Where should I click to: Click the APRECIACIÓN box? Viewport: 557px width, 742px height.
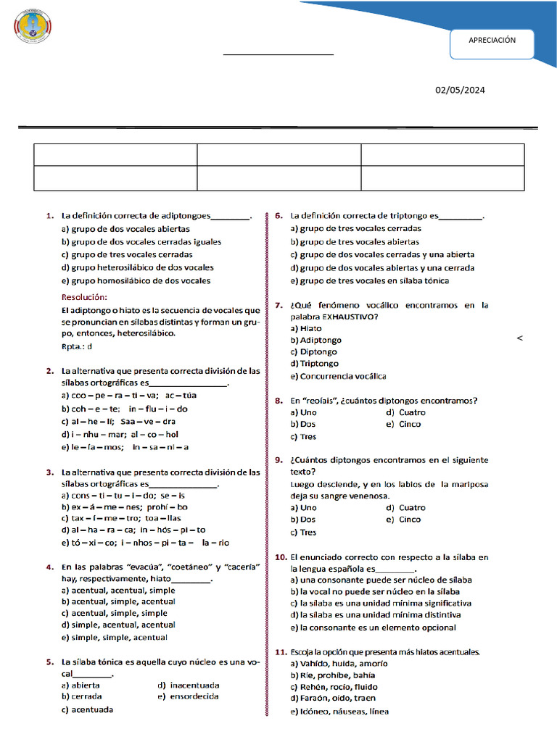coord(492,41)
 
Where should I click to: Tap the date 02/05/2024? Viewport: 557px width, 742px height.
coord(460,91)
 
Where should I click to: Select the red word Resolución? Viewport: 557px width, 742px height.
coord(84,297)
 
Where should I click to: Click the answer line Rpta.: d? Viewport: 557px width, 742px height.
coord(77,347)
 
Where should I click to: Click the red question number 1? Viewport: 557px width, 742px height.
coord(49,215)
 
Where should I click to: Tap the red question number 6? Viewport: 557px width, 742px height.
coord(278,215)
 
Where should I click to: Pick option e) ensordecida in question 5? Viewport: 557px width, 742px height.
coord(188,696)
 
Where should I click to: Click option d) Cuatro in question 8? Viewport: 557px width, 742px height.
coord(406,412)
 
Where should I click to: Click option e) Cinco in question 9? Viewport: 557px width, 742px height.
coord(403,520)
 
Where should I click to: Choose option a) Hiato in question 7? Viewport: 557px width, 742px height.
coord(306,328)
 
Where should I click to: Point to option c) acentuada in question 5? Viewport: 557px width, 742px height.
coord(87,709)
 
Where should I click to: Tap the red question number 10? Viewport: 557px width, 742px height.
coord(281,557)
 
